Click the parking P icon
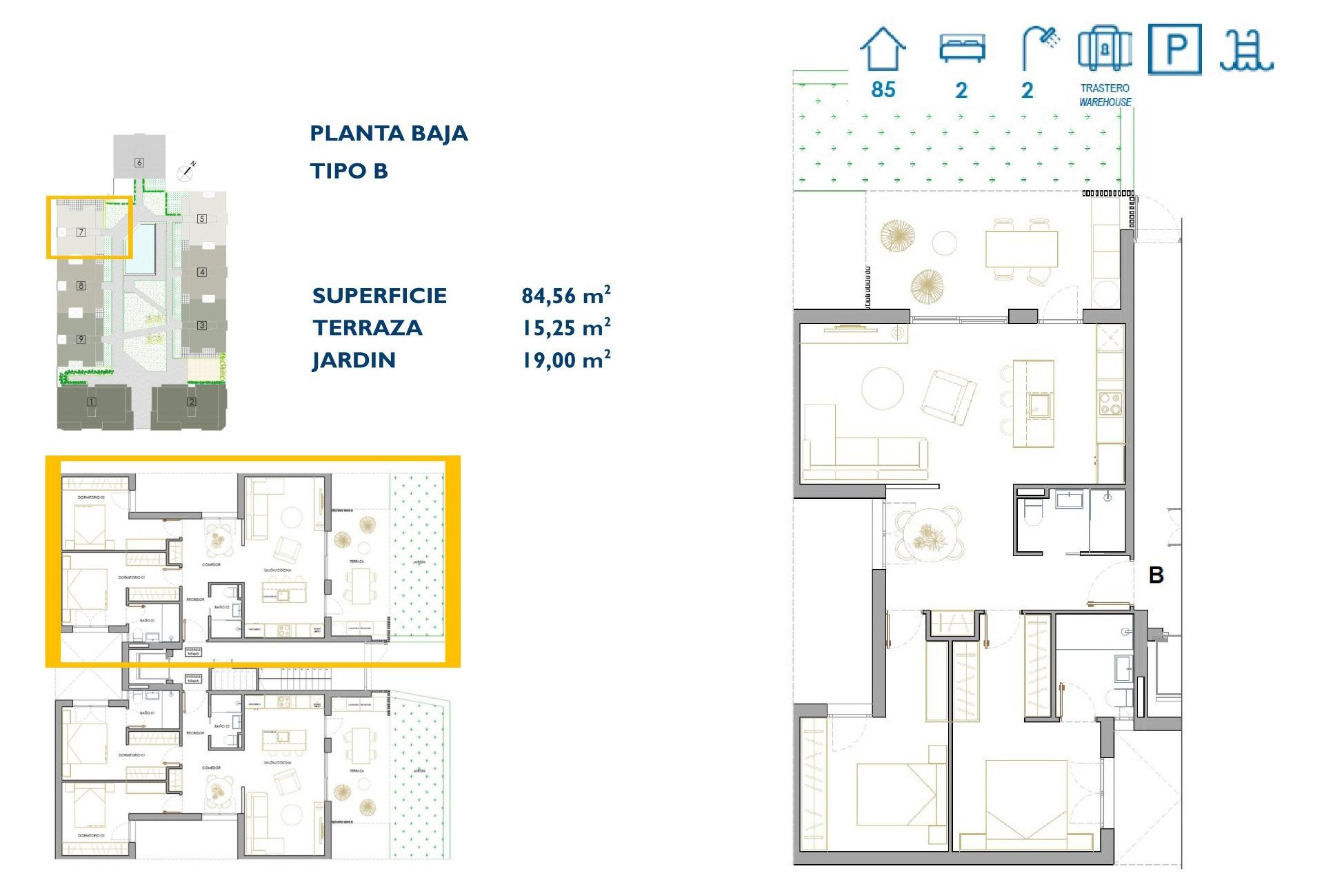pyautogui.click(x=1174, y=49)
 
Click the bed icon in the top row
pyautogui.click(x=962, y=48)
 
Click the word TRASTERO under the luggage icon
pyautogui.click(x=1104, y=88)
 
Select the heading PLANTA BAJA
pyautogui.click(x=388, y=133)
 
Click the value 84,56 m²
pyautogui.click(x=565, y=296)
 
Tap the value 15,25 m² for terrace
pyautogui.click(x=565, y=328)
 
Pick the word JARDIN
pyautogui.click(x=354, y=360)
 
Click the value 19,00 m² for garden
pyautogui.click(x=565, y=360)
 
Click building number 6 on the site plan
pyautogui.click(x=139, y=163)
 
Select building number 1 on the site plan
pyautogui.click(x=91, y=402)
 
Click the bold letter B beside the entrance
pyautogui.click(x=1156, y=575)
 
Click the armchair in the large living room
pyautogui.click(x=949, y=397)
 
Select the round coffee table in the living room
pyautogui.click(x=882, y=389)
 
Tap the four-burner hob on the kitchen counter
pyautogui.click(x=1110, y=403)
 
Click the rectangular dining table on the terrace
pyautogui.click(x=1021, y=249)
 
